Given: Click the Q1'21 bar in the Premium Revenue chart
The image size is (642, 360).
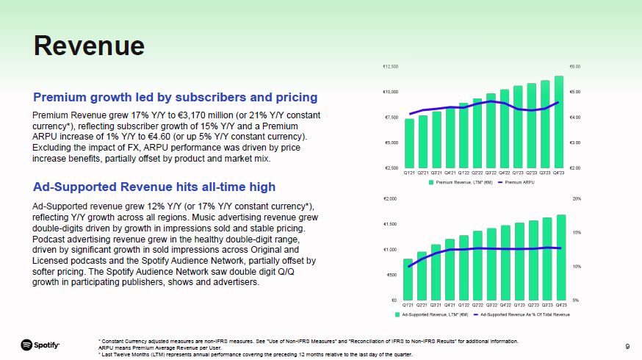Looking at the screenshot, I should click(409, 143).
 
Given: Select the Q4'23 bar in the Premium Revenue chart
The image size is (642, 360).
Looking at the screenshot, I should click(559, 121).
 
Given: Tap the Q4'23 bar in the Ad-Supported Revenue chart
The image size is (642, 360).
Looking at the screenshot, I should click(561, 257).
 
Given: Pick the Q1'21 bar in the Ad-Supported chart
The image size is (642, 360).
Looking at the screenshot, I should click(408, 279).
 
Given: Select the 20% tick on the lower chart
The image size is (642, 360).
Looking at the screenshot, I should click(577, 198).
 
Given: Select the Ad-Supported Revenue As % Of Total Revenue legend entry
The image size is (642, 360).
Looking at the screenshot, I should click(524, 314).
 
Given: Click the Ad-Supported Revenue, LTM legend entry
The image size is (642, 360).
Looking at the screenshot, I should click(433, 314).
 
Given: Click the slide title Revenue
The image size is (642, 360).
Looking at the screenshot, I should click(89, 46).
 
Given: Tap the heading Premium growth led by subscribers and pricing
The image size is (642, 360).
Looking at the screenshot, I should click(175, 97).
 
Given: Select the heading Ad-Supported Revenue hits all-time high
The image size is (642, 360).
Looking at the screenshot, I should click(154, 186).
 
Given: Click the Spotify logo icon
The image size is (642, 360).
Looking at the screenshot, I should click(26, 345).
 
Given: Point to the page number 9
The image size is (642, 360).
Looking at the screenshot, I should click(627, 345).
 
